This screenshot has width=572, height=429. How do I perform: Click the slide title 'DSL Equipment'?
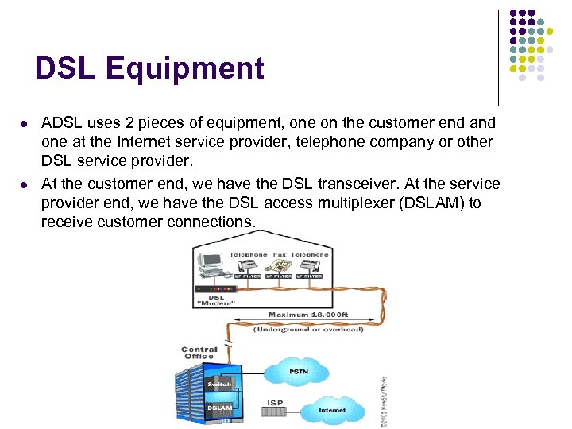(149, 69)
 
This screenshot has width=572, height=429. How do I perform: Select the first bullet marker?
(24, 124)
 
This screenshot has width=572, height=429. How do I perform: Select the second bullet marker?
(24, 184)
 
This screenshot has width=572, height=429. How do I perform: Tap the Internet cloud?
(332, 410)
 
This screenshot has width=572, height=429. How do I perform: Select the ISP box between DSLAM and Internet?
(275, 409)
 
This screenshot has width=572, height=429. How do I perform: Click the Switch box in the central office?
(218, 384)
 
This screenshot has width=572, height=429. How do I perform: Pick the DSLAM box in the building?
(219, 408)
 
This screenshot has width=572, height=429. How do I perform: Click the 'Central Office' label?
(199, 353)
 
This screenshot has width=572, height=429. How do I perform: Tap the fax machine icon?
(279, 266)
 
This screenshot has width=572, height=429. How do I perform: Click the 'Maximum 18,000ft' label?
(308, 315)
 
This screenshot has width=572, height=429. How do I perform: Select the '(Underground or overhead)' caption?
(308, 329)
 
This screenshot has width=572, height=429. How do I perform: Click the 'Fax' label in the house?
(279, 255)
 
